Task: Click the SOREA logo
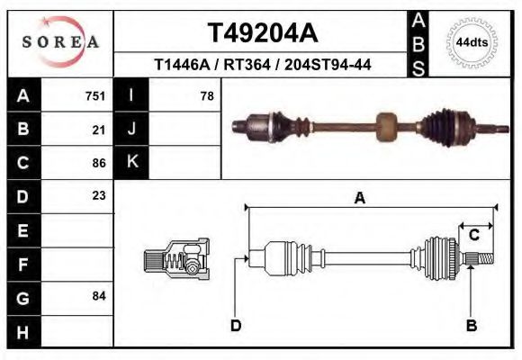pyautogui.click(x=60, y=42)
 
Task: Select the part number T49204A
pyautogui.click(x=262, y=33)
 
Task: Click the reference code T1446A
pyautogui.click(x=182, y=65)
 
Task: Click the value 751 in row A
pyautogui.click(x=95, y=95)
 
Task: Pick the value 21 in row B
pyautogui.click(x=99, y=130)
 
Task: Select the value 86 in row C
pyautogui.click(x=99, y=163)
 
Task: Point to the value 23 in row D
pyautogui.click(x=99, y=195)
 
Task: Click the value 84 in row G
pyautogui.click(x=99, y=296)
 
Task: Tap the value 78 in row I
pyautogui.click(x=206, y=95)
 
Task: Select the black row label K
pyautogui.click(x=131, y=162)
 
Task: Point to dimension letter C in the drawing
pyautogui.click(x=473, y=235)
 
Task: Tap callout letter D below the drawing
pyautogui.click(x=236, y=326)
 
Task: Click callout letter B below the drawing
pyautogui.click(x=470, y=326)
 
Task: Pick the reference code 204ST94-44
pyautogui.click(x=328, y=65)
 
